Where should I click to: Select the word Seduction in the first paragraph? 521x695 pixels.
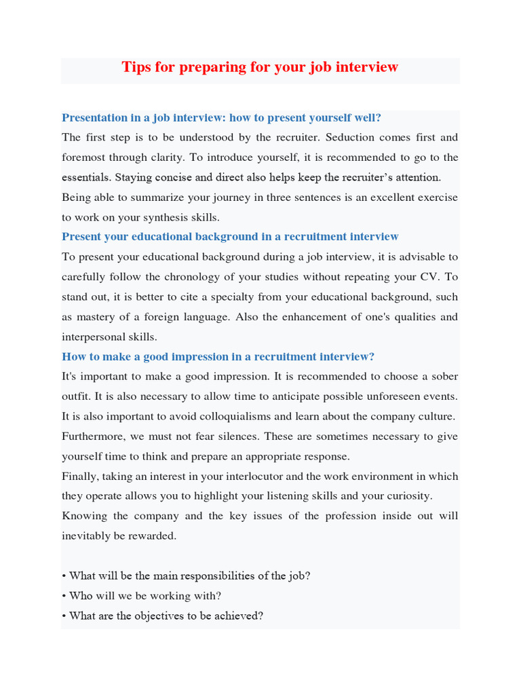pos(350,138)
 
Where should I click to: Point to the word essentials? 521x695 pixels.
pos(86,178)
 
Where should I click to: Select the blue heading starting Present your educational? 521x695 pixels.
pos(230,237)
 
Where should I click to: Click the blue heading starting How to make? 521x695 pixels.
pos(218,357)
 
